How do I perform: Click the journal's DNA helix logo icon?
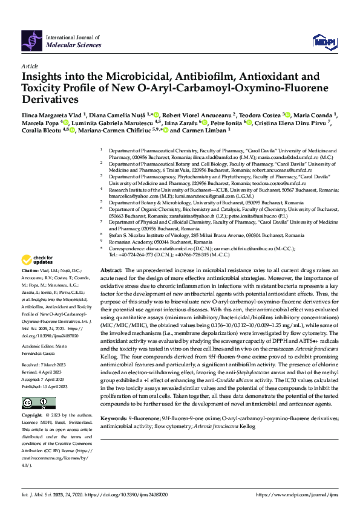(x=31, y=40)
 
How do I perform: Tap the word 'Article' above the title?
(x=29, y=66)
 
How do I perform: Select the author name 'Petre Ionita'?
(x=224, y=122)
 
